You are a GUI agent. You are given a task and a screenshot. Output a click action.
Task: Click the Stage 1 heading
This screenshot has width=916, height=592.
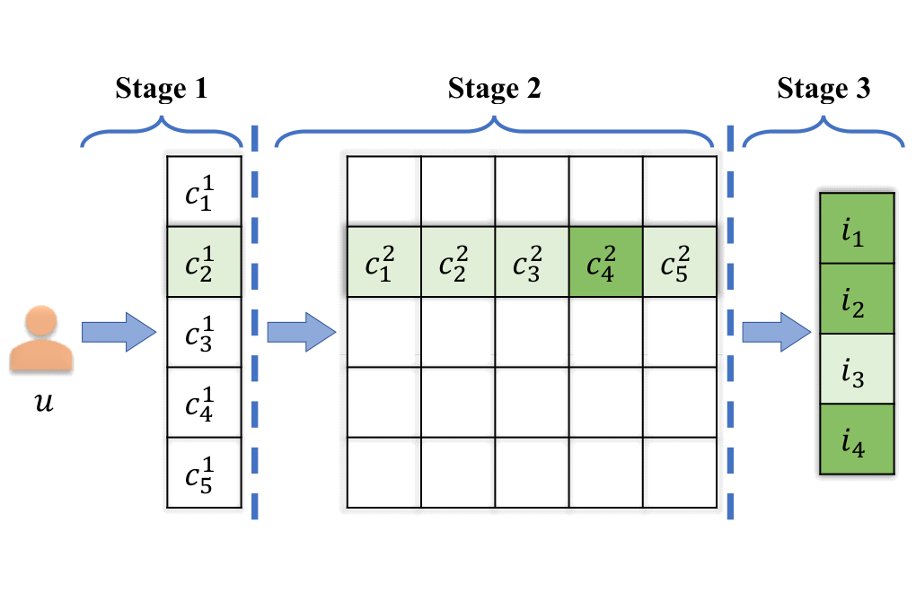(x=162, y=89)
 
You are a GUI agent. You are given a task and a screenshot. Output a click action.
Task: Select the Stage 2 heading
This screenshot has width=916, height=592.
(x=494, y=89)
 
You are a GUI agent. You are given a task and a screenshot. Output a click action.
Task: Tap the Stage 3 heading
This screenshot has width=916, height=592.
(x=824, y=89)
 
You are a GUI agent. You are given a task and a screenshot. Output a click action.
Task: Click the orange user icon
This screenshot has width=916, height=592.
(x=41, y=338)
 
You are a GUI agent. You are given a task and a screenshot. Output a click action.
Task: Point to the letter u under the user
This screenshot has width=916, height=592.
(x=44, y=402)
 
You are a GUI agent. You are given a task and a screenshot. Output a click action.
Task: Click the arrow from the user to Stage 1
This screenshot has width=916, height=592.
(x=119, y=332)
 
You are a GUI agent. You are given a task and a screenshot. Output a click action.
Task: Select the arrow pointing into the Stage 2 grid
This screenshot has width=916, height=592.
(x=302, y=332)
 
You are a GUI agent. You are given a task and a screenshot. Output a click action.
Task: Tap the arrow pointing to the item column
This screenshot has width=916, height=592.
(x=777, y=332)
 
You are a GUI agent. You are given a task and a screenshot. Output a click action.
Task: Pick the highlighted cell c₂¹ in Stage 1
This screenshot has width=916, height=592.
(x=204, y=262)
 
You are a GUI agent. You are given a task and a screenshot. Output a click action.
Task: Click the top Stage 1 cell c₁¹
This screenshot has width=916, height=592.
(x=204, y=191)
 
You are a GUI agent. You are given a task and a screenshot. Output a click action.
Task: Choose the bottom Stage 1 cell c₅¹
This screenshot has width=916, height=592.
(x=204, y=473)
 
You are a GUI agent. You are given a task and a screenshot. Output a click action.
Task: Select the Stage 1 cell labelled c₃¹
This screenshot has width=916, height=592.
(x=204, y=332)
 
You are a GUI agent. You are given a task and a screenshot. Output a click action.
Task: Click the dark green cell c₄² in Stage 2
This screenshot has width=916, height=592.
(x=606, y=262)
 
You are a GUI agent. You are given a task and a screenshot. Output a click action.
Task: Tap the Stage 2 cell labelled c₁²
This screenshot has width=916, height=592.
(x=383, y=262)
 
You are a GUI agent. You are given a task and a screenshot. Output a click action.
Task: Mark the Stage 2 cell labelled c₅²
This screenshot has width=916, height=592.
(x=680, y=262)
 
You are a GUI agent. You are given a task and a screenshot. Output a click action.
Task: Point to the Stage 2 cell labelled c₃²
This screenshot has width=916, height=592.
(x=532, y=262)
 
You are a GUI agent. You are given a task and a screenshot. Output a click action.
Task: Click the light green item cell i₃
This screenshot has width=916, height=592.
(x=857, y=369)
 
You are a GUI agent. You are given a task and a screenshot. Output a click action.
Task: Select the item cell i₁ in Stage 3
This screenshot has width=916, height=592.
(x=857, y=228)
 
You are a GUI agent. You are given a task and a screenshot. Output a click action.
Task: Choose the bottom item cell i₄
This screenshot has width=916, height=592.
(x=857, y=439)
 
